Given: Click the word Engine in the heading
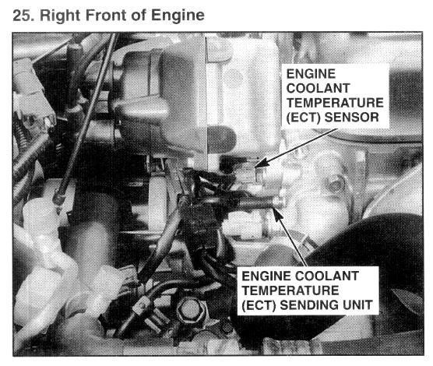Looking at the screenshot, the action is click(178, 16).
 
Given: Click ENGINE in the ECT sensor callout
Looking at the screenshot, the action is click(311, 74).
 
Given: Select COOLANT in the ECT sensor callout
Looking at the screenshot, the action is click(318, 88).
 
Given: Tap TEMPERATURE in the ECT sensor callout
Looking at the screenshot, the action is click(335, 103).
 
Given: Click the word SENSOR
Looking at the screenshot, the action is click(351, 117).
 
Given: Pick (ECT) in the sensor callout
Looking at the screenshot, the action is click(304, 118).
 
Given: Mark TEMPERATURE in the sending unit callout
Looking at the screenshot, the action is click(290, 290).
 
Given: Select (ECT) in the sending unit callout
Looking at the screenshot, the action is click(259, 305).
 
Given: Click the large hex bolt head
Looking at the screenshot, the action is click(191, 311).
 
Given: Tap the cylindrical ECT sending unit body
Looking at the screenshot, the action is click(259, 204).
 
